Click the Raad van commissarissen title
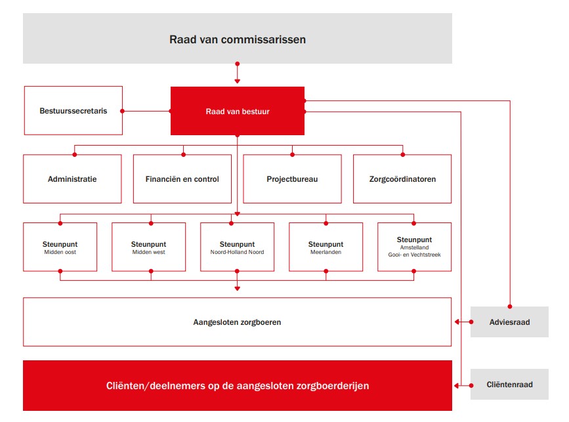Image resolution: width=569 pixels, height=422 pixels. [238, 39]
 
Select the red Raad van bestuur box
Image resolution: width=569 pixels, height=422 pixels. [238, 111]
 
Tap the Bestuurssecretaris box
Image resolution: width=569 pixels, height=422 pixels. [74, 111]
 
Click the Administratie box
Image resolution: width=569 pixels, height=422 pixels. [72, 179]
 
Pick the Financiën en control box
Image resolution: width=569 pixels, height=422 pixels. [182, 179]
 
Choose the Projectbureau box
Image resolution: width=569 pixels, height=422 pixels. [292, 179]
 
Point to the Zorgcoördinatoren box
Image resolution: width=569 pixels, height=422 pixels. [402, 179]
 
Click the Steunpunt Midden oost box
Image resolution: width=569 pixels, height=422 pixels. [60, 247]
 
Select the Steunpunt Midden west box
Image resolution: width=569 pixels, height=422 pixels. [148, 247]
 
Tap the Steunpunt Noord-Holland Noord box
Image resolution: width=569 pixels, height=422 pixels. [237, 247]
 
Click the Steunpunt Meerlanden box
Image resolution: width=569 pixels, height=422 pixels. [326, 247]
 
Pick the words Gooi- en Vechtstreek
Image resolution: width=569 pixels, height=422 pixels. [414, 255]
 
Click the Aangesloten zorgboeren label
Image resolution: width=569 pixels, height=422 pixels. [237, 322]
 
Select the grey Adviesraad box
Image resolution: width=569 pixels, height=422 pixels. [509, 322]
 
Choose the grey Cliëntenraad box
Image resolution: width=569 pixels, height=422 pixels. [509, 385]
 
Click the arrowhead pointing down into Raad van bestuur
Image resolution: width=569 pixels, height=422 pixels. [238, 81]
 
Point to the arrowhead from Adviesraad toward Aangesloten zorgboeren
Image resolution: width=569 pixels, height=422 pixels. [457, 322]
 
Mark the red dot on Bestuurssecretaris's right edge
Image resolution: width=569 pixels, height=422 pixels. [122, 111]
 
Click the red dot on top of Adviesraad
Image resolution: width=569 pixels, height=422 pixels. [510, 306]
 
